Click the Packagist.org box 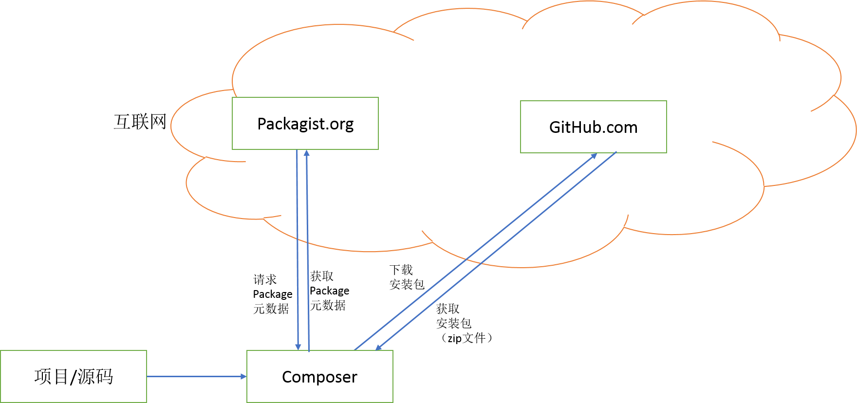pyautogui.click(x=305, y=123)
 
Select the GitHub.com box pyautogui.click(x=593, y=127)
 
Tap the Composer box pyautogui.click(x=320, y=376)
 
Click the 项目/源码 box pyautogui.click(x=74, y=376)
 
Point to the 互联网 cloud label pyautogui.click(x=140, y=122)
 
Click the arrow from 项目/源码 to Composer pyautogui.click(x=197, y=376)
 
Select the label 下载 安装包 pyautogui.click(x=407, y=277)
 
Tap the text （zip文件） pyautogui.click(x=466, y=338)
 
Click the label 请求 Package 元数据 pyautogui.click(x=272, y=294)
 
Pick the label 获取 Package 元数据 pyautogui.click(x=329, y=291)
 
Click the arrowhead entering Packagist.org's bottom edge pyautogui.click(x=307, y=153)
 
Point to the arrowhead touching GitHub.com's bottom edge pyautogui.click(x=594, y=156)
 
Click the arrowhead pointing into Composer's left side pyautogui.click(x=243, y=376)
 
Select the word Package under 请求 pyautogui.click(x=272, y=294)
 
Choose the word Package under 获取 pyautogui.click(x=329, y=291)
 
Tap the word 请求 pyautogui.click(x=265, y=279)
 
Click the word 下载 pyautogui.click(x=401, y=270)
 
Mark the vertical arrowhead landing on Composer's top pyautogui.click(x=298, y=347)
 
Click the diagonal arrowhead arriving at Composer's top pyautogui.click(x=378, y=348)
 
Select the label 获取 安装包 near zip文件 pyautogui.click(x=454, y=316)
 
